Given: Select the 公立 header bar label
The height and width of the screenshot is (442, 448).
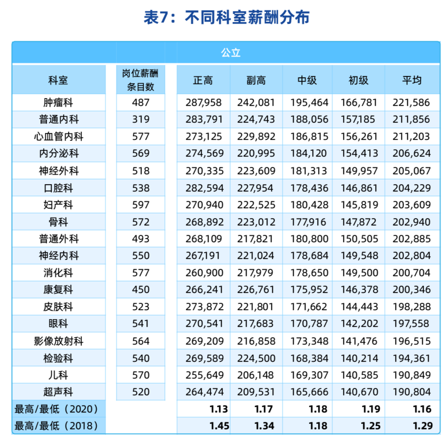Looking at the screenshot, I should point(231,53).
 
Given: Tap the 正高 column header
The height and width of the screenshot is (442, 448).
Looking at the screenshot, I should point(203,81).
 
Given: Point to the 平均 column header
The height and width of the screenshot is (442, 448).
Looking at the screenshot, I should point(412,81).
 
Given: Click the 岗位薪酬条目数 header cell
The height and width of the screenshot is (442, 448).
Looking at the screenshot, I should point(140,80).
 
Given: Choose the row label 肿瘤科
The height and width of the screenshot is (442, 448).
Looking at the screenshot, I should point(59,102).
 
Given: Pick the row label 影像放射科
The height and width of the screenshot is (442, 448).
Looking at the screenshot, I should point(59,341).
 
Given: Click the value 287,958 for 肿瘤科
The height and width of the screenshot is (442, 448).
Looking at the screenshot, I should point(204,102).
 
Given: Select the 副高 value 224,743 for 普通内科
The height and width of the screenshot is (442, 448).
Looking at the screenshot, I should point(256,120).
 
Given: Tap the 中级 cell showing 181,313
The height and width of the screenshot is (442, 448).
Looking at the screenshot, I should point(309,171).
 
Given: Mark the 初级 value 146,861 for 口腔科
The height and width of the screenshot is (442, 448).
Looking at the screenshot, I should point(359,188).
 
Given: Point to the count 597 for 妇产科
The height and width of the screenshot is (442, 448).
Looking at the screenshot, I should point(140,205).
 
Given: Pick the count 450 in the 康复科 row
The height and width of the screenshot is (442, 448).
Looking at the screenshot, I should point(140,290).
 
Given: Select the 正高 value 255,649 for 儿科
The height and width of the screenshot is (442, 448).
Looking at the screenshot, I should point(204,375).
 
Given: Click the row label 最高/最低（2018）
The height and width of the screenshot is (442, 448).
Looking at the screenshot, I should point(57,426).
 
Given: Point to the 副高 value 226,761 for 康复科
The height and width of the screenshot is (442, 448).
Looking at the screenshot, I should point(256,290).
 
